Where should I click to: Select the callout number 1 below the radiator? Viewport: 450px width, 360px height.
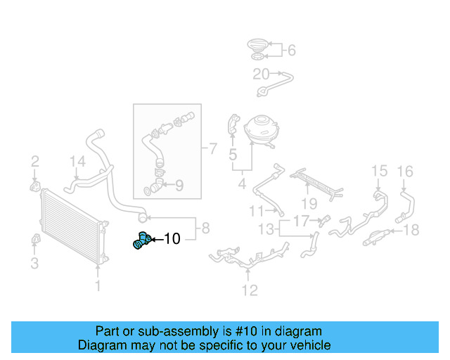tap(98, 285)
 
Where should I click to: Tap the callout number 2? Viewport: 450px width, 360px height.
tap(34, 164)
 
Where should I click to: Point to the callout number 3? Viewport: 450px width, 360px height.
tap(34, 264)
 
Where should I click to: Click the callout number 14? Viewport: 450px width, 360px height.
tap(77, 164)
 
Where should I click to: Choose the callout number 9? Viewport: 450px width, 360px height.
tap(179, 186)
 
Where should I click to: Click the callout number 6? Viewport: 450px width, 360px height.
tap(291, 50)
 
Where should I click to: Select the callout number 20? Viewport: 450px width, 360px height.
tap(261, 74)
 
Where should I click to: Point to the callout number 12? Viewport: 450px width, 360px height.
tap(250, 290)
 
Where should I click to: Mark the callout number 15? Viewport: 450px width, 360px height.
tap(379, 171)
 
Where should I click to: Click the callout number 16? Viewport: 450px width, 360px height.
tap(406, 171)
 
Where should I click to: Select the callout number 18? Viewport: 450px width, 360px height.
tap(412, 229)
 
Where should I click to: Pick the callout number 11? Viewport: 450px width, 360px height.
tap(256, 210)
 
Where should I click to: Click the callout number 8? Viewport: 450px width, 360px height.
tap(205, 228)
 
